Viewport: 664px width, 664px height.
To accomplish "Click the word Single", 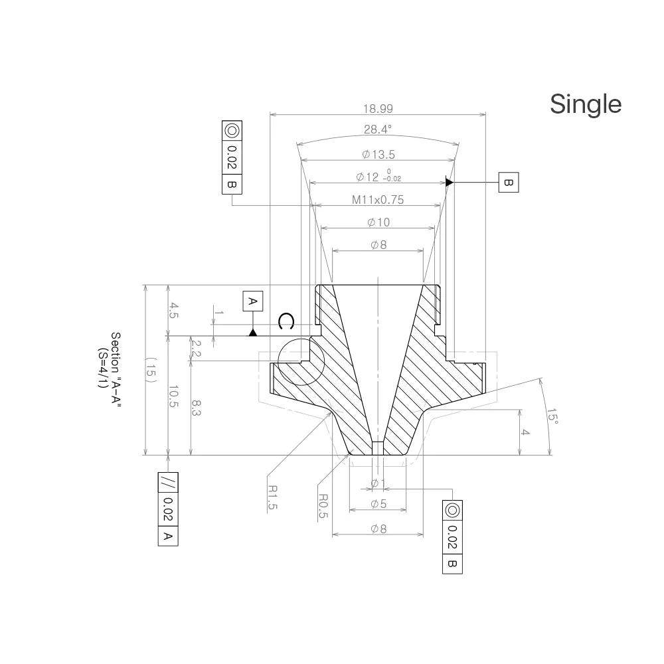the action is coord(586,104).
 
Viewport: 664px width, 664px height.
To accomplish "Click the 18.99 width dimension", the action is coord(378,109).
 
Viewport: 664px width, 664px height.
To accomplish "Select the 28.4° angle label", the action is coord(378,129).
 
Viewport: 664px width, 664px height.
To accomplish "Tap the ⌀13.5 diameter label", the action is coord(378,155).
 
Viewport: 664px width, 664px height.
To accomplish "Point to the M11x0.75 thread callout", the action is coord(378,199).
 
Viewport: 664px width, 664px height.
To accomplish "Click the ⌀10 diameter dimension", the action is coord(378,222).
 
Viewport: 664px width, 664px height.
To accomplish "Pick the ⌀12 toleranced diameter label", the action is coord(378,176).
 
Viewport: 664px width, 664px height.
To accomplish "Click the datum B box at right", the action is coord(509,183).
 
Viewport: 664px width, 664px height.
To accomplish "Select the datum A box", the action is coord(253,301).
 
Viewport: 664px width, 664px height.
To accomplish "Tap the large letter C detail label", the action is coord(286,322).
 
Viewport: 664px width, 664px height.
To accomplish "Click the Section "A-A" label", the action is coord(116,369).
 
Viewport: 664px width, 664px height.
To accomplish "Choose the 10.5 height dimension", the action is coord(173,396).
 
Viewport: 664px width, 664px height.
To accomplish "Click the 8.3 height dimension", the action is coord(196,408).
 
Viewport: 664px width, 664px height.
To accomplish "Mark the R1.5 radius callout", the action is coord(273,497).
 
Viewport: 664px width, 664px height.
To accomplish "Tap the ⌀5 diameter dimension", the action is coord(378,504).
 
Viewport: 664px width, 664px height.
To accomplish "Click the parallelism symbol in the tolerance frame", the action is coord(168,482).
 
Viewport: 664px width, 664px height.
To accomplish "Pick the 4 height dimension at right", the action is coord(525,432).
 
